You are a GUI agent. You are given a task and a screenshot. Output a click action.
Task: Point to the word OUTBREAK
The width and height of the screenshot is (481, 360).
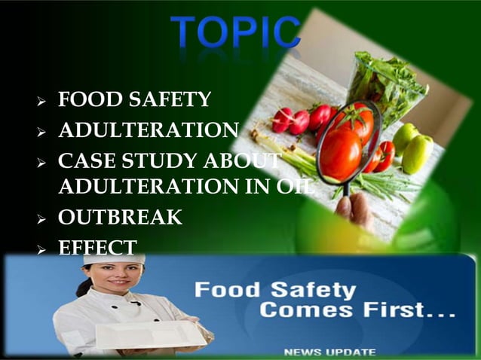click(x=120, y=218)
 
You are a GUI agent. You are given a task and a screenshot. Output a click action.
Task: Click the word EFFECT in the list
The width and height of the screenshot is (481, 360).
click(x=97, y=247)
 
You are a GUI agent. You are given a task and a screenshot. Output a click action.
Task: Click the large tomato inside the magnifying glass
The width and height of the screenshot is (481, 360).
click(x=341, y=154)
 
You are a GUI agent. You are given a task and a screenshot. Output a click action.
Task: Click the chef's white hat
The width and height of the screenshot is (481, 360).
click(x=114, y=259)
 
